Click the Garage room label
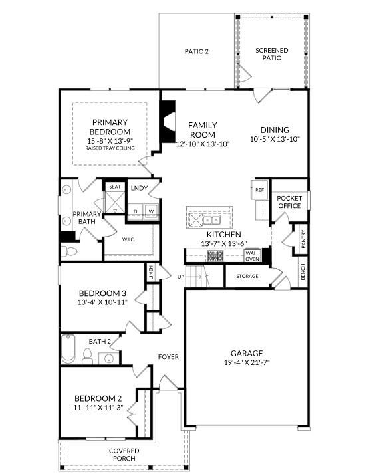247,353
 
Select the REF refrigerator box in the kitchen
259,190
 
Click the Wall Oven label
253,256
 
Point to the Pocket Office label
289,202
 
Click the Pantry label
303,239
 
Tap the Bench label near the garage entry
303,271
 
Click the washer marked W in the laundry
151,212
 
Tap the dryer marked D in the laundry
136,212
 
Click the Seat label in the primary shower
114,187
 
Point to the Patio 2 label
197,51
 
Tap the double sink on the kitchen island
211,220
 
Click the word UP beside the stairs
180,276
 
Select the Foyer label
168,357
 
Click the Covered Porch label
124,455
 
